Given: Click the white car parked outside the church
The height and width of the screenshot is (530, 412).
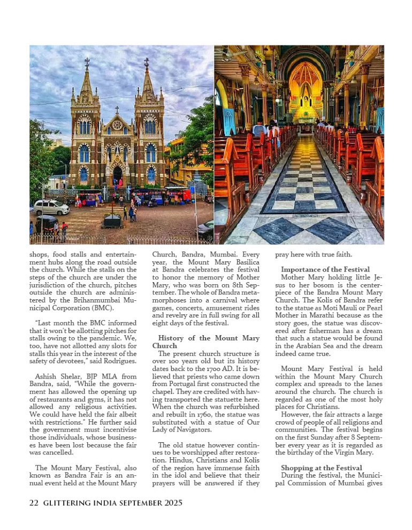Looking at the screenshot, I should pyautogui.click(x=51, y=207).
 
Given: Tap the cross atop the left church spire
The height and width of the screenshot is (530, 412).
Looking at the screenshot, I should pyautogui.click(x=87, y=63).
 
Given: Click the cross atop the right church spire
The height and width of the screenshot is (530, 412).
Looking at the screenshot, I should pyautogui.click(x=146, y=63).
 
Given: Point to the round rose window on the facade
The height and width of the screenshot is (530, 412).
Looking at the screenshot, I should pyautogui.click(x=117, y=125).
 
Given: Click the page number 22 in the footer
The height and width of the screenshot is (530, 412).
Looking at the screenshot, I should pyautogui.click(x=34, y=503).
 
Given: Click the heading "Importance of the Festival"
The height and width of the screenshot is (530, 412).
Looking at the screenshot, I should pyautogui.click(x=325, y=269).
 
